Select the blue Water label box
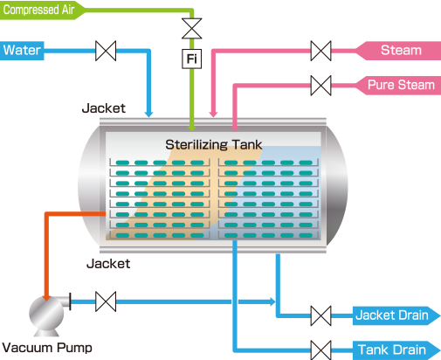click(22, 51)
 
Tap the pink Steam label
click(398, 51)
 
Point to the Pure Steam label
click(398, 85)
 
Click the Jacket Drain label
click(396, 315)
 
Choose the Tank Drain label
click(396, 350)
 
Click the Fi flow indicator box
click(191, 59)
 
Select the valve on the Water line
click(106, 51)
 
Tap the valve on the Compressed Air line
click(191, 29)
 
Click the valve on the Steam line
click(320, 51)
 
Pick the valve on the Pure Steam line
click(320, 86)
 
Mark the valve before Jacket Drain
click(320, 315)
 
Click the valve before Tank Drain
click(320, 350)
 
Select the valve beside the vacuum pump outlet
click(106, 301)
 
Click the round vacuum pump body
click(46, 313)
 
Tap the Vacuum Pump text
click(47, 348)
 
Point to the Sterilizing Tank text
click(214, 145)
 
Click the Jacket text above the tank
click(104, 108)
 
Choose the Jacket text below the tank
click(108, 264)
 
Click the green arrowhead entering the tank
click(191, 128)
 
